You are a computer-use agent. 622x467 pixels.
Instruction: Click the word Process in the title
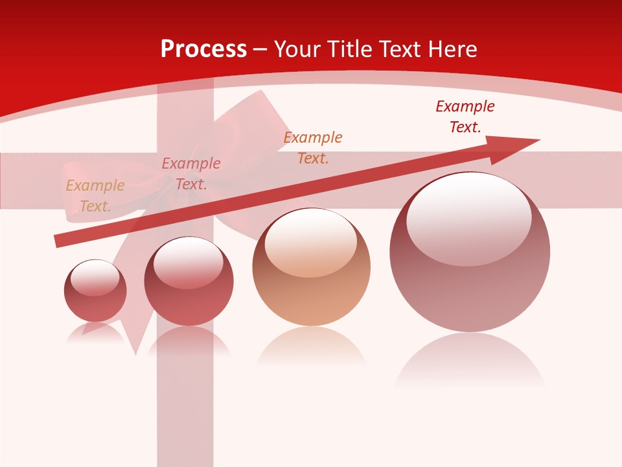pos(203,49)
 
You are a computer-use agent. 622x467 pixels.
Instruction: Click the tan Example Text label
pos(95,196)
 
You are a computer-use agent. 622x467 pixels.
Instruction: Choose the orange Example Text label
pos(312,147)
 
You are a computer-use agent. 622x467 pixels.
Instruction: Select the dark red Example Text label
pos(465,116)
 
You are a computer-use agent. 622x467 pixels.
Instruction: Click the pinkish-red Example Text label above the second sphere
pos(190,173)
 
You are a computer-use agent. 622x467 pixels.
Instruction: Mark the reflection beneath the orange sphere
pos(311,347)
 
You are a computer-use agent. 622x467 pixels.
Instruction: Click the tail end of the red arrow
pos(58,241)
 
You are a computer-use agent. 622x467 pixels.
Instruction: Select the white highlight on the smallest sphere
pos(95,277)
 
